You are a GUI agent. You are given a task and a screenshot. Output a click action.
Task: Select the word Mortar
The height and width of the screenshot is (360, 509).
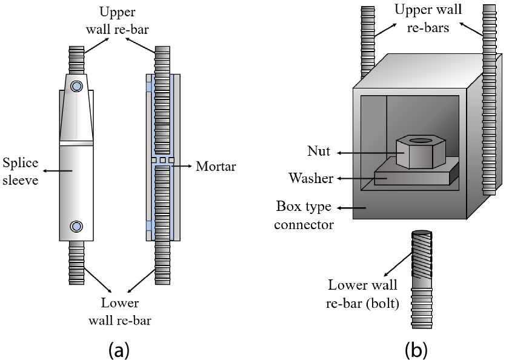click(x=216, y=166)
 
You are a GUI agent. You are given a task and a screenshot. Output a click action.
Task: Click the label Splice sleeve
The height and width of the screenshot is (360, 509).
click(x=21, y=172)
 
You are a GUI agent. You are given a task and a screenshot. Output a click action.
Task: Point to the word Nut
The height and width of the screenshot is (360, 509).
click(x=319, y=152)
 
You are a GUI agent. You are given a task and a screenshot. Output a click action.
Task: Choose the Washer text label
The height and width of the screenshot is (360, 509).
click(x=311, y=178)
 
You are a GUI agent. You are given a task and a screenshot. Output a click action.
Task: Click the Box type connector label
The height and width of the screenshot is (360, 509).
click(x=304, y=215)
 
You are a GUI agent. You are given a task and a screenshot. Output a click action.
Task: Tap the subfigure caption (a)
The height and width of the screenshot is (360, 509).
click(x=119, y=350)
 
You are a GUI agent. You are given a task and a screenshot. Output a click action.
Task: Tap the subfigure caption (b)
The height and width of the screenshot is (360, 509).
click(x=416, y=350)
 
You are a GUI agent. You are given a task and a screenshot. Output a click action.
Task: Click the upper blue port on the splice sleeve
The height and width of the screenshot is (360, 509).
click(x=76, y=86)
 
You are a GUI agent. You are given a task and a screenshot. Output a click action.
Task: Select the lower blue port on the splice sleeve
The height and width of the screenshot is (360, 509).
click(x=76, y=226)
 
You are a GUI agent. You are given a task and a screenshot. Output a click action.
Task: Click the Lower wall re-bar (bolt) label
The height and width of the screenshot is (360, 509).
click(x=362, y=294)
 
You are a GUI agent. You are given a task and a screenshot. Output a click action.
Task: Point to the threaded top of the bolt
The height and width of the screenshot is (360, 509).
click(x=422, y=254)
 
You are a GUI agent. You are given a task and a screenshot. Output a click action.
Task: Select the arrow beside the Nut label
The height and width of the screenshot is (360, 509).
click(x=366, y=153)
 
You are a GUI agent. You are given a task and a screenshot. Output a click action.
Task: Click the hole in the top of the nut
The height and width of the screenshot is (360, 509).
click(x=421, y=141)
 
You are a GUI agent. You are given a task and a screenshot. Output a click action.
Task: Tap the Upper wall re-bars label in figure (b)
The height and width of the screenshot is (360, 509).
click(x=428, y=19)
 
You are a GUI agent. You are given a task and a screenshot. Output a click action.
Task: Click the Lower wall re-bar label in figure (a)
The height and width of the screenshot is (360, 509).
click(x=120, y=312)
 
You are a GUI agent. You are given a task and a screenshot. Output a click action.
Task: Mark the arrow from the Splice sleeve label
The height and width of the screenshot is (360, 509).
click(x=58, y=171)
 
